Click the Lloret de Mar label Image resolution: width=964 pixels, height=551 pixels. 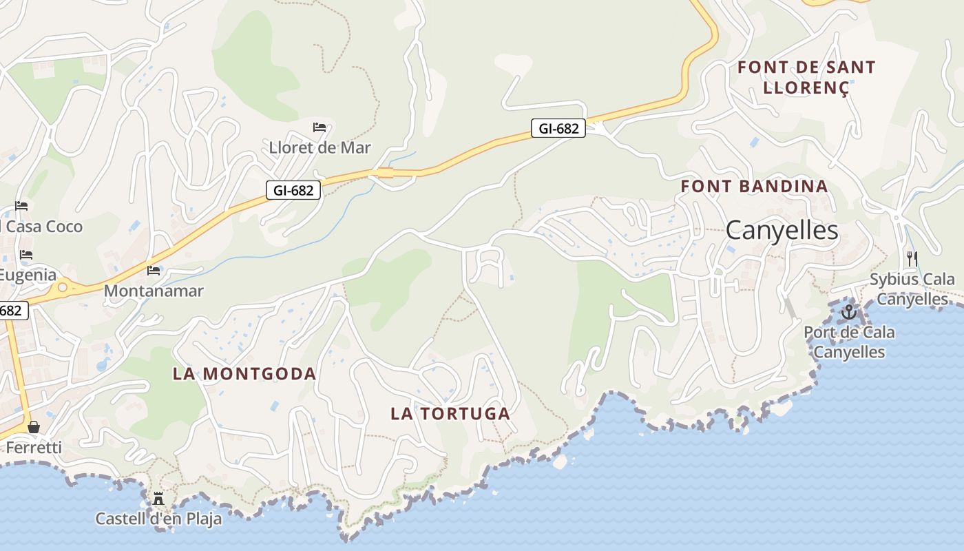[319, 147]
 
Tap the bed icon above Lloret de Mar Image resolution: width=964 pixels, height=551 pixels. [319, 127]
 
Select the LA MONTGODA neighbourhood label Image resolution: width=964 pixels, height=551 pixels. [244, 374]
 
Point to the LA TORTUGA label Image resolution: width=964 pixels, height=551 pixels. [450, 414]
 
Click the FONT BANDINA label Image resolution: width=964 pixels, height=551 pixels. [754, 186]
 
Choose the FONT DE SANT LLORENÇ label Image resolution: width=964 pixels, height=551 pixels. [806, 77]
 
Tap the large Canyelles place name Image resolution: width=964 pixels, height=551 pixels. [782, 231]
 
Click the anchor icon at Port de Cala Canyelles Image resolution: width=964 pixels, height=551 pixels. [849, 312]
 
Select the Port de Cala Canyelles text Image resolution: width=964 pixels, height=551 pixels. [850, 342]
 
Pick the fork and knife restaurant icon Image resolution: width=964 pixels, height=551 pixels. [912, 259]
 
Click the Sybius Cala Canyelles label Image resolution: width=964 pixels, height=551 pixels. [912, 289]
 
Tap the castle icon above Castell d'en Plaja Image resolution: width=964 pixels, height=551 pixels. [158, 498]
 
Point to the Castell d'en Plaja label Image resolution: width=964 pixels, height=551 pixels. [158, 519]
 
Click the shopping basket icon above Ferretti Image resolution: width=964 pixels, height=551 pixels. [34, 427]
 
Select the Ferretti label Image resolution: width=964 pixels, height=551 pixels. [34, 448]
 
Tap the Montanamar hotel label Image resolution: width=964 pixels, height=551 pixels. [154, 291]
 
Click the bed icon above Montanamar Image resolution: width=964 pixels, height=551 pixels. [154, 271]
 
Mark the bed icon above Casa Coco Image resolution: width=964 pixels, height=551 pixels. [21, 206]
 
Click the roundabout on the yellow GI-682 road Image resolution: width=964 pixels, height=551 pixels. [63, 287]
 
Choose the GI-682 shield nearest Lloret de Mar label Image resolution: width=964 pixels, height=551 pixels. [293, 190]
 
